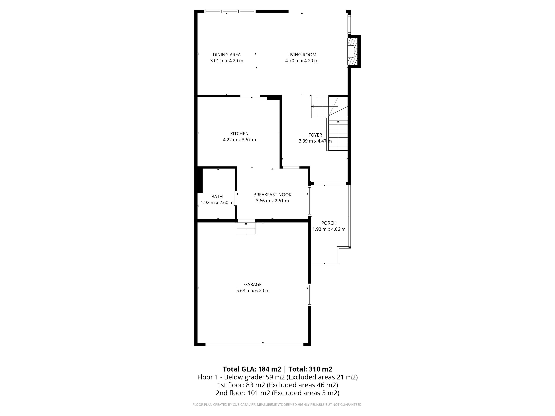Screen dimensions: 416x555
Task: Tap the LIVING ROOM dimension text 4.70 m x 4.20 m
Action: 302,61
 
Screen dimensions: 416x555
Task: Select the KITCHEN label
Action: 239,134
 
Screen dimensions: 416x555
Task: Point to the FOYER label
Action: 315,135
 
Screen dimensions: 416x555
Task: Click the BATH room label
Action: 217,197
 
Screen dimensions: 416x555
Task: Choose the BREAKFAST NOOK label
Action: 272,195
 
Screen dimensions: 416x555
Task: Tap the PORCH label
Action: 329,223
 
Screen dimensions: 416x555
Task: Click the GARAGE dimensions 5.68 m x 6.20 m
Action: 253,291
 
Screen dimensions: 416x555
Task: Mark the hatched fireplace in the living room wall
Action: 352,51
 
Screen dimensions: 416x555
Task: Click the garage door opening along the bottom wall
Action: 254,344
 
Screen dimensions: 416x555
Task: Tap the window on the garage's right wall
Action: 309,295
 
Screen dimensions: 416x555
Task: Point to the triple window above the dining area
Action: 230,11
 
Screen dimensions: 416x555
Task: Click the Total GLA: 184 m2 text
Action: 252,369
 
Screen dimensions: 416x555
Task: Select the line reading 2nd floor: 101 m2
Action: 277,393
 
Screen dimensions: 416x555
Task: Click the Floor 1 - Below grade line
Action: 277,377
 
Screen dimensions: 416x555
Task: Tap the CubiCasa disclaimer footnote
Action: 277,404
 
